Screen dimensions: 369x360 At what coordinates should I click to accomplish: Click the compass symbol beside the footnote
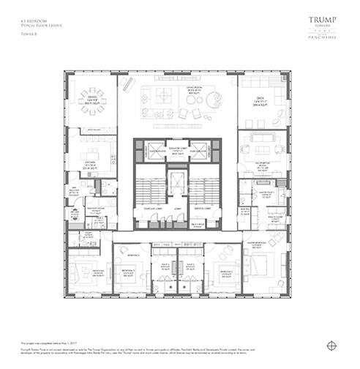(333, 344)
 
